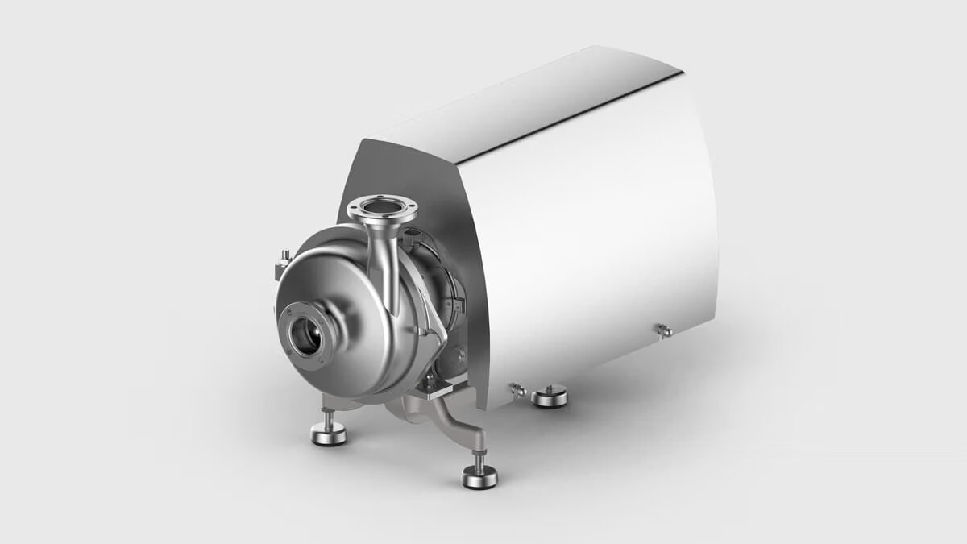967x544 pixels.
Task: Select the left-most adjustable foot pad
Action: pyautogui.click(x=329, y=435)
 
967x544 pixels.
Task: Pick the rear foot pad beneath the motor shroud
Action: pyautogui.click(x=550, y=397)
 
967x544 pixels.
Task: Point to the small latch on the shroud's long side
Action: pyautogui.click(x=664, y=330)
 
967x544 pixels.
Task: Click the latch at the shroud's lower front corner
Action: pyautogui.click(x=517, y=390)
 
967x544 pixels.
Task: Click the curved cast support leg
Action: pyautogui.click(x=451, y=419)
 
